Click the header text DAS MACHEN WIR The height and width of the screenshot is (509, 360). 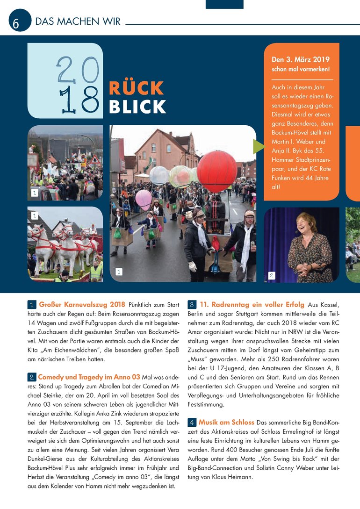(78, 22)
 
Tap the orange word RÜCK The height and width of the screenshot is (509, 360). (136, 88)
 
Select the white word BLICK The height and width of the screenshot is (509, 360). (137, 107)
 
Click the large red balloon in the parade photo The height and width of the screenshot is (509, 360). (216, 171)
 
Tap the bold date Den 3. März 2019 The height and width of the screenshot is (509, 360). (301, 60)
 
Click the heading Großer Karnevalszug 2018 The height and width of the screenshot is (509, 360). (82, 305)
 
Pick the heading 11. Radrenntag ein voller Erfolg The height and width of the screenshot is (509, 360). (252, 305)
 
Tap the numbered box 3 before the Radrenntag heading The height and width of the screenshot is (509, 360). (192, 305)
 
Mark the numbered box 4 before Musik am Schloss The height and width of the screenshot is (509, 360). (192, 423)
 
